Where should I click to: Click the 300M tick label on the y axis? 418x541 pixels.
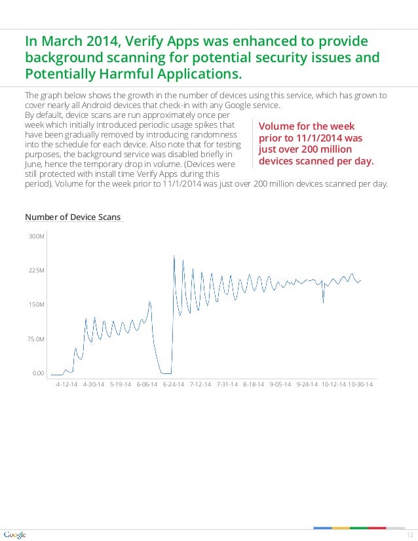(x=37, y=236)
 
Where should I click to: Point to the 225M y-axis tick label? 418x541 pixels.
(x=37, y=270)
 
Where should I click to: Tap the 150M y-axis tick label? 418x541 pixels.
(x=37, y=305)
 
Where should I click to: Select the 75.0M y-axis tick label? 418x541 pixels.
(x=36, y=339)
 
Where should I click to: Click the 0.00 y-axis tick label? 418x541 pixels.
(x=37, y=373)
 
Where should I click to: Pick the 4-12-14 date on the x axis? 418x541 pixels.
(x=66, y=384)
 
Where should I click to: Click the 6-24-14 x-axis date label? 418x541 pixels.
(x=174, y=384)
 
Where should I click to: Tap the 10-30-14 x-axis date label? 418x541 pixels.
(x=360, y=384)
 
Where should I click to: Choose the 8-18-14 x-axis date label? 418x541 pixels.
(x=253, y=384)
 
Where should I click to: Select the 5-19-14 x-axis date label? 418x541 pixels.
(x=120, y=384)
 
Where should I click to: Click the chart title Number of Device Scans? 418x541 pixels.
(x=73, y=217)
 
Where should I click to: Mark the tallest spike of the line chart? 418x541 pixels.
(x=174, y=255)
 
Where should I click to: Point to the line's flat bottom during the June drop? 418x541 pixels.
(x=166, y=373)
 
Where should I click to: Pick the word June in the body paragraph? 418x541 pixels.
(x=33, y=166)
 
